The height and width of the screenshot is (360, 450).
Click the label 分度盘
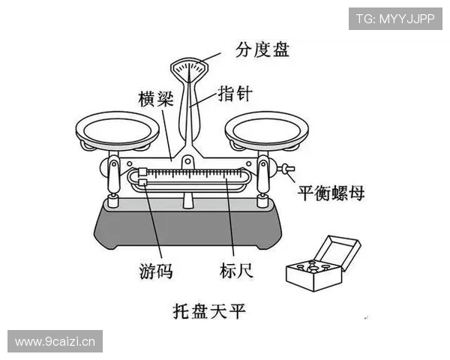[262, 50]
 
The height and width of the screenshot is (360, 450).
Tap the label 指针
[235, 94]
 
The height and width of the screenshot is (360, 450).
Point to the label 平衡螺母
[331, 193]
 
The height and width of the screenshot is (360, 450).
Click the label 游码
[156, 271]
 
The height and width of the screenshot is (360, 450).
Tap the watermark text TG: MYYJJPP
[395, 18]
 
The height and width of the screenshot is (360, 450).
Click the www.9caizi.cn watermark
[56, 342]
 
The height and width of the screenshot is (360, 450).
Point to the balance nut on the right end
[287, 169]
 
